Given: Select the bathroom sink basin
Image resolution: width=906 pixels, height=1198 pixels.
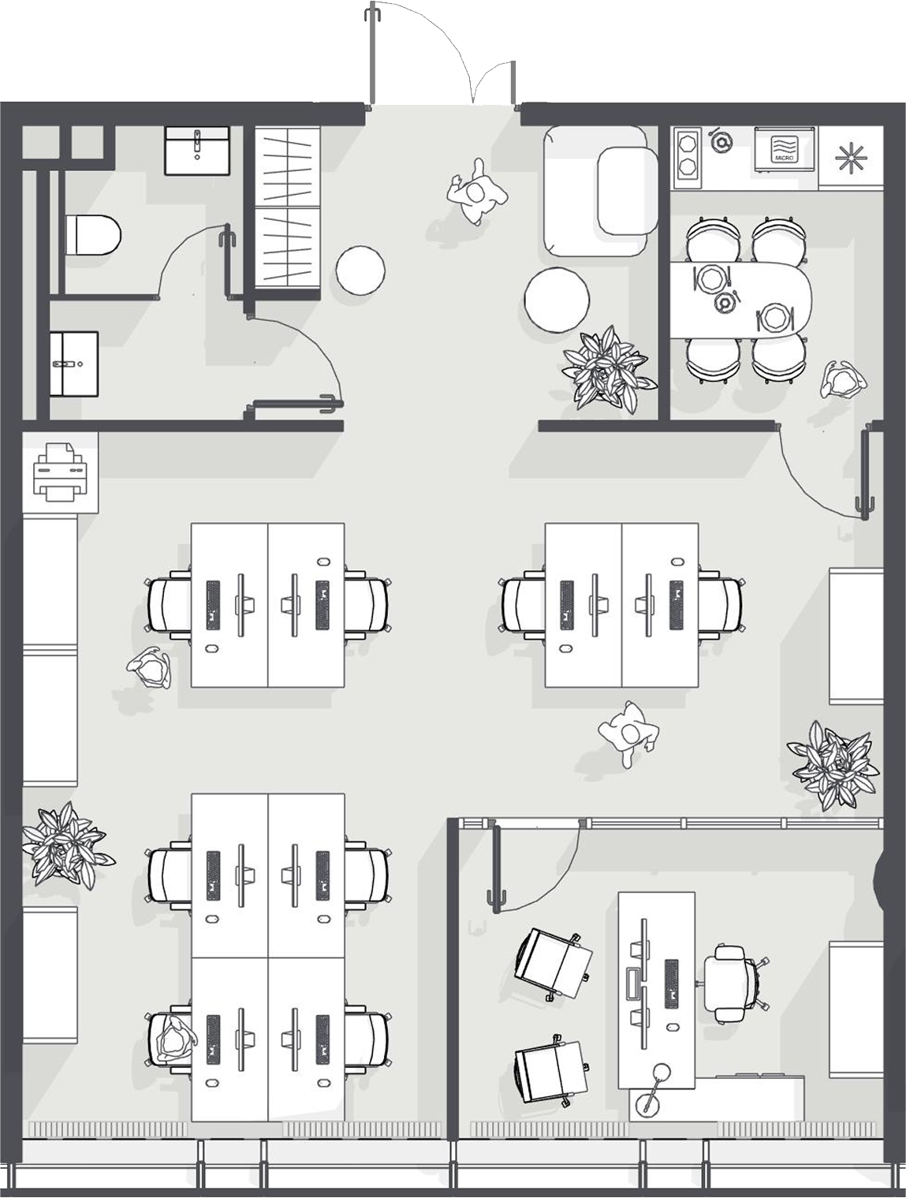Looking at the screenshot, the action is click(x=197, y=151).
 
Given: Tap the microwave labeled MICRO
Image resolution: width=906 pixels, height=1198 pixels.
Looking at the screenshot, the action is click(x=785, y=149).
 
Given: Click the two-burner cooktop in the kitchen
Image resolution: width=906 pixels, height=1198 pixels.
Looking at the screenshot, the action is click(x=688, y=154).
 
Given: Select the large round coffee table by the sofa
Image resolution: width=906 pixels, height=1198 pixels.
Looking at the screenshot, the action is click(x=557, y=298).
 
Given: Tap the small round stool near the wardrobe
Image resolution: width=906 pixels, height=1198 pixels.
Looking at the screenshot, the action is click(x=360, y=270).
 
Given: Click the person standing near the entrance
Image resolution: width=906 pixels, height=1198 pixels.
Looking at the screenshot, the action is click(x=477, y=192).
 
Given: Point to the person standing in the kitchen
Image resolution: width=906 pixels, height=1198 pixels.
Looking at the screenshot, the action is click(x=843, y=380).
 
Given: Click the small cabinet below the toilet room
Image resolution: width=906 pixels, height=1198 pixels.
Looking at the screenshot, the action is click(x=74, y=364).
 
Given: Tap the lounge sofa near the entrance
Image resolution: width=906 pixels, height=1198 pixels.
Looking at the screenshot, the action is click(x=600, y=191).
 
